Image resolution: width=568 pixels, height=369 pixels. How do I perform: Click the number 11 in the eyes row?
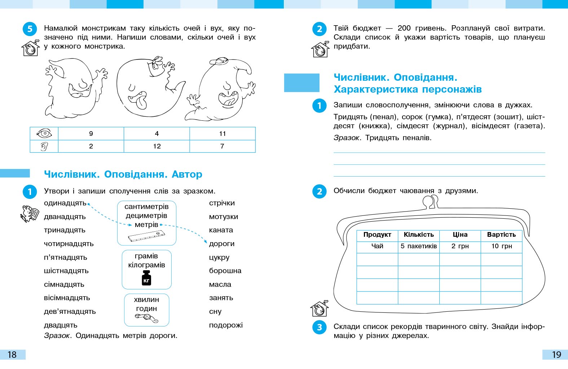pos(223,134)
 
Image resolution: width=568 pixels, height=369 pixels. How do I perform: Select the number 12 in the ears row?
pos(157,146)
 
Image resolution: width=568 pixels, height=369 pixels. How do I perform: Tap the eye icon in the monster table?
pos(44,134)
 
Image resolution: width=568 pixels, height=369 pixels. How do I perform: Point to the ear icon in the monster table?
pos(44,146)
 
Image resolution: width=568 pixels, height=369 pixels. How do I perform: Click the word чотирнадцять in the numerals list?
pos(69,244)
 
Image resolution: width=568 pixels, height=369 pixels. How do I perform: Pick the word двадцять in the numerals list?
pos(61,325)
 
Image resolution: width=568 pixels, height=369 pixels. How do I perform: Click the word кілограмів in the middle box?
pos(146,265)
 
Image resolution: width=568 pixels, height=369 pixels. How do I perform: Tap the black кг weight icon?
pos(146,278)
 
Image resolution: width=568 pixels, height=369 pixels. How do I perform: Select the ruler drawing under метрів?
pos(146,236)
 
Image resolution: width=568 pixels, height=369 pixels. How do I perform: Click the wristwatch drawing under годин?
pos(146,318)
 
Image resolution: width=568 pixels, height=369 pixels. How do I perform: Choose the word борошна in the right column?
pos(225,271)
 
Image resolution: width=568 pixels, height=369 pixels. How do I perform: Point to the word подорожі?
pos(226,325)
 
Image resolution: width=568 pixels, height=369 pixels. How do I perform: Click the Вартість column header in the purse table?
pos(501,235)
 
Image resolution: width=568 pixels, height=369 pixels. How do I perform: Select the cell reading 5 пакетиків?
pos(419,246)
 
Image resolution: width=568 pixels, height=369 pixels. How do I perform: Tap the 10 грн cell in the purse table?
pos(501,246)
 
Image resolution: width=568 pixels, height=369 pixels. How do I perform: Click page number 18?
pos(12,355)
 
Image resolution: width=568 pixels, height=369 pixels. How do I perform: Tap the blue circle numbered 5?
pos(30,29)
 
